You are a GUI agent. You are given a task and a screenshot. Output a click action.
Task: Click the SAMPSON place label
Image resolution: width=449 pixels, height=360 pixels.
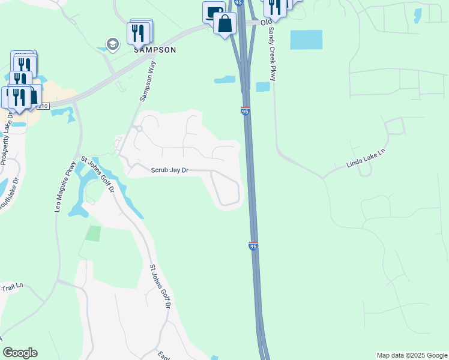pyautogui.click(x=154, y=50)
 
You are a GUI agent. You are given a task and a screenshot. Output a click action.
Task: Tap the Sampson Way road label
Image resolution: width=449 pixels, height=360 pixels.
pyautogui.click(x=148, y=81)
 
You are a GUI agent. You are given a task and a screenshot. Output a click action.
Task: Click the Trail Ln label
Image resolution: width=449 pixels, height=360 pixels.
pyautogui.click(x=11, y=286)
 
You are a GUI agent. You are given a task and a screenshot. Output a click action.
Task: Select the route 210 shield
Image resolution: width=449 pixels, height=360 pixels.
pyautogui.click(x=43, y=106)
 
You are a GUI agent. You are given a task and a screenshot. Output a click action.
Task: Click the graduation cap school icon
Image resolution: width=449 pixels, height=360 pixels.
pyautogui.click(x=112, y=44)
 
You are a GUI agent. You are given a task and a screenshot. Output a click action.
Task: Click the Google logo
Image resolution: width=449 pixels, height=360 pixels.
pyautogui.click(x=20, y=353)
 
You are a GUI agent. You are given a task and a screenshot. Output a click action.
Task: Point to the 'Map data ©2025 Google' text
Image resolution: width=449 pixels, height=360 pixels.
pyautogui.click(x=412, y=355)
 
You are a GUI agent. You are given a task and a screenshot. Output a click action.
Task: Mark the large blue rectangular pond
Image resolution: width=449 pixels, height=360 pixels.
pyautogui.click(x=306, y=40)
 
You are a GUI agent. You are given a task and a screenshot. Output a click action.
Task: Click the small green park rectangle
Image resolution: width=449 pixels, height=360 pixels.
pyautogui.click(x=92, y=233)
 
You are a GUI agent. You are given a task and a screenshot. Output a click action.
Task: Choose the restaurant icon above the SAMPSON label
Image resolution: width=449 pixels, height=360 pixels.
pyautogui.click(x=139, y=31)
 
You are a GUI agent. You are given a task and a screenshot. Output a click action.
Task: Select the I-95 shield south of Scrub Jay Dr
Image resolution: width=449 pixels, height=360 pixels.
pyautogui.click(x=253, y=246)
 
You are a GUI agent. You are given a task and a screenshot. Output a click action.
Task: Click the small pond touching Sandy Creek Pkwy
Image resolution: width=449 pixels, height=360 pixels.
pyautogui.click(x=263, y=86)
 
